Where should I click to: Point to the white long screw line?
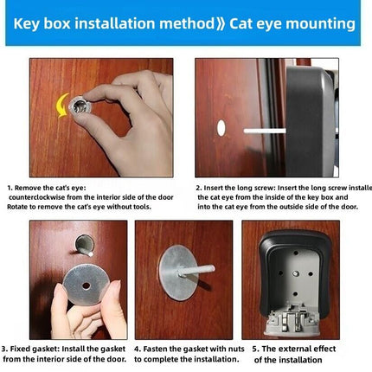tap(264, 131)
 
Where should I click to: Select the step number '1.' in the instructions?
tap(10, 187)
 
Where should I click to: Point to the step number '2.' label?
tap(198, 187)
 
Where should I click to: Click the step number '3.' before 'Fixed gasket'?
tap(6, 348)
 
